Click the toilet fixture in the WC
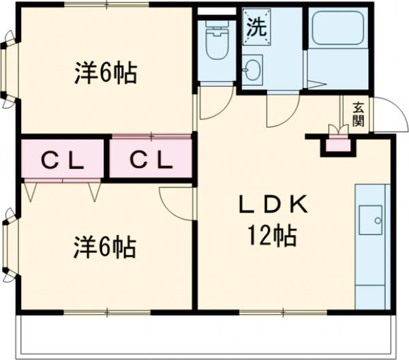[217, 41]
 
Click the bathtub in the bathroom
[336, 31]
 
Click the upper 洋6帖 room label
[105, 72]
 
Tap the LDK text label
[273, 204]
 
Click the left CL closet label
[62, 161]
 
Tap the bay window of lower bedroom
[8, 245]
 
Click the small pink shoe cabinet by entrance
[337, 144]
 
